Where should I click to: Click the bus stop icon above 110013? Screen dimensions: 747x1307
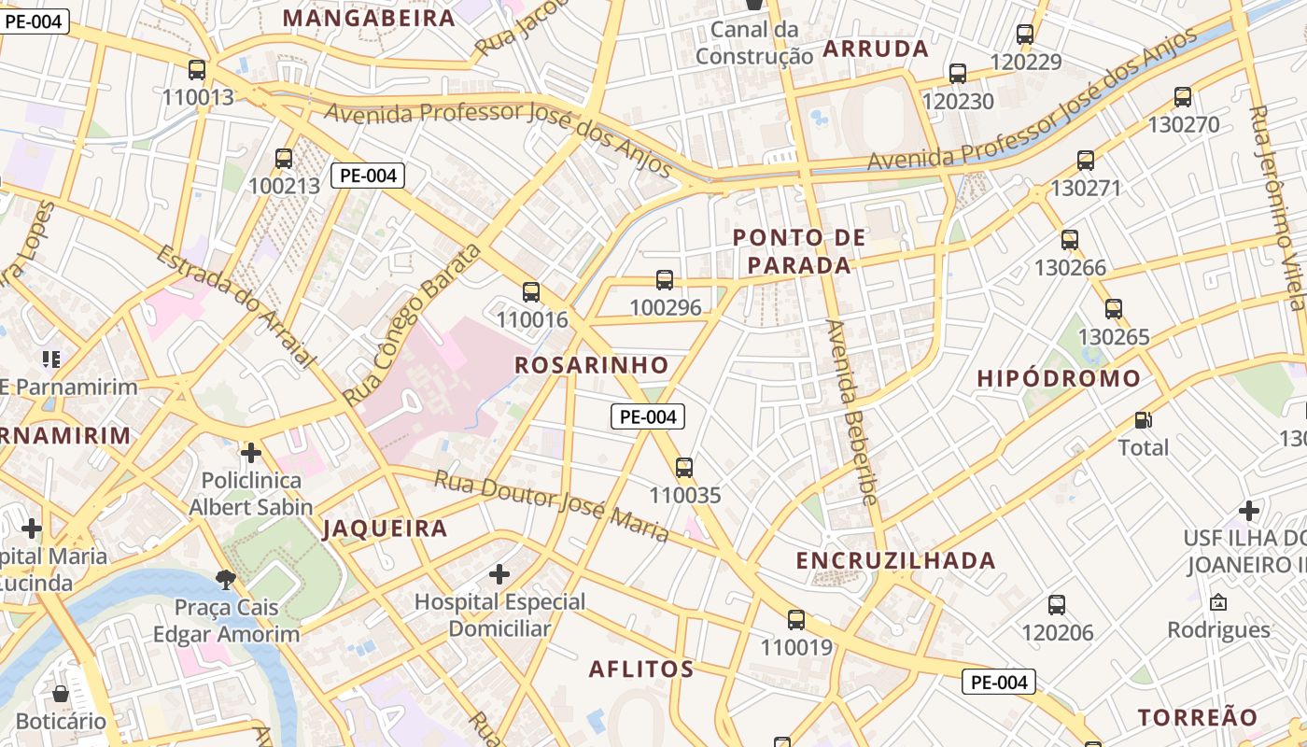(x=196, y=70)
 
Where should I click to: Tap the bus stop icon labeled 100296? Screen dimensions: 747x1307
(x=665, y=279)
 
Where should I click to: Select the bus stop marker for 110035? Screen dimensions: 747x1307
(x=684, y=467)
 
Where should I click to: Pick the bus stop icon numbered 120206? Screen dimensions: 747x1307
(x=1057, y=604)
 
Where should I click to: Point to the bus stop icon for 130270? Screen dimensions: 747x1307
(x=1183, y=96)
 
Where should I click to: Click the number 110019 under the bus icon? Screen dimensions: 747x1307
(x=795, y=647)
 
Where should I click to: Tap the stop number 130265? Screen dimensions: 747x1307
(x=1114, y=336)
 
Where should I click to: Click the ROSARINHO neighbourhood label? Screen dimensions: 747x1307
(x=592, y=365)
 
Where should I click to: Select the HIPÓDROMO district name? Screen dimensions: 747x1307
(x=1059, y=378)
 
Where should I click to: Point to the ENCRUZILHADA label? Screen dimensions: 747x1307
(x=895, y=560)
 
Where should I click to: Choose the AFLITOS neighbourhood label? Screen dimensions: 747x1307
(x=641, y=669)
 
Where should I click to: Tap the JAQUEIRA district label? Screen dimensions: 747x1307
(x=385, y=529)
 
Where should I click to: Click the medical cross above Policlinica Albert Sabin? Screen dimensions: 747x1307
(x=250, y=453)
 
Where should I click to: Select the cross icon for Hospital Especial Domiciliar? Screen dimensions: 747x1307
(x=499, y=572)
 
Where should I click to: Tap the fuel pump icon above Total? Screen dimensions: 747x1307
(x=1143, y=420)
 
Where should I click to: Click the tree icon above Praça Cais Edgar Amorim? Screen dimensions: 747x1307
(x=225, y=580)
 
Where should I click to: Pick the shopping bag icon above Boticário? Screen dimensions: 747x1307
(x=61, y=694)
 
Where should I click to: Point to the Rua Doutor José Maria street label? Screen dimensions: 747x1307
(x=552, y=506)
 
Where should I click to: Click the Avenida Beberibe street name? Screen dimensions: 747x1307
(x=851, y=413)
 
